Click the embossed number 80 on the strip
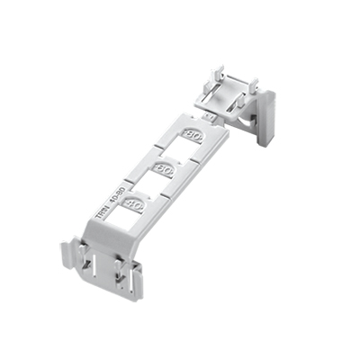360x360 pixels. click(192, 135)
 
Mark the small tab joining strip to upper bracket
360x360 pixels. click(208, 115)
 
